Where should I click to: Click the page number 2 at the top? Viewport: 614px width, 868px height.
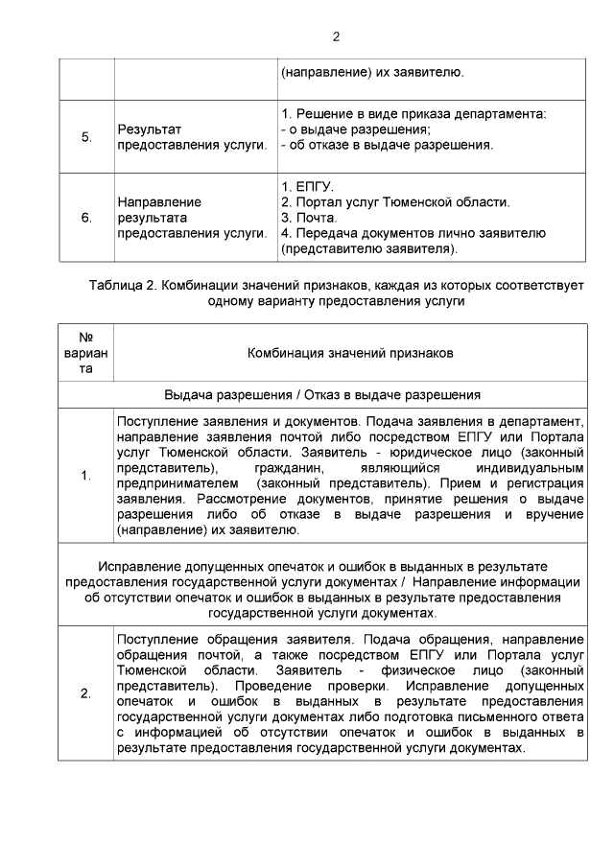[336, 37]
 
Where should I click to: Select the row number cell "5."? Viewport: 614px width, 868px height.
[86, 137]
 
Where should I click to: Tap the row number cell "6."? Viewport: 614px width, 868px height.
[86, 218]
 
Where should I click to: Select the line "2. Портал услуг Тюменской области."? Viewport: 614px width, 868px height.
[394, 201]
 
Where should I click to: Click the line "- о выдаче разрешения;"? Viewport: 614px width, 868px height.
[354, 129]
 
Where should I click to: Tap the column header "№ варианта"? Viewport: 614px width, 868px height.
[86, 353]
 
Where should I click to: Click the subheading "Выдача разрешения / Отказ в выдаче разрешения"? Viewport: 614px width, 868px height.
[321, 394]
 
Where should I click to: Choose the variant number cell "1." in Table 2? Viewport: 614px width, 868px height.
[86, 476]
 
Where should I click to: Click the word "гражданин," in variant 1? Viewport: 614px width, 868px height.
[285, 468]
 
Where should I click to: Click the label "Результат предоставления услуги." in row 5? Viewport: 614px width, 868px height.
[190, 137]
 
